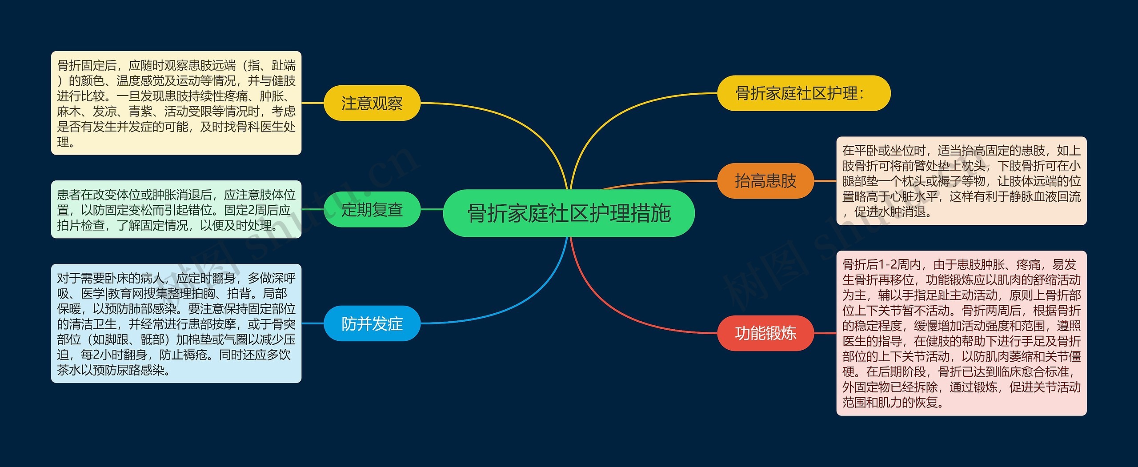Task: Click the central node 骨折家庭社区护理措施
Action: [x=569, y=213]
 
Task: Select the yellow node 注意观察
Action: [x=372, y=103]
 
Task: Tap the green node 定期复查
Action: [x=372, y=209]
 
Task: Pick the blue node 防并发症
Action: [x=372, y=323]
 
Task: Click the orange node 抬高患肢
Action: [x=765, y=181]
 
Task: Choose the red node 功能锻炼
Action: [x=765, y=333]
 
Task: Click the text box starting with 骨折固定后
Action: [x=176, y=103]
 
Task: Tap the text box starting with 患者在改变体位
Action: [x=176, y=209]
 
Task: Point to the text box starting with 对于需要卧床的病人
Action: [x=176, y=323]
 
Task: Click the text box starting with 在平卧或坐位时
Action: [x=961, y=181]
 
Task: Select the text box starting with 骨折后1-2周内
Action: [x=961, y=333]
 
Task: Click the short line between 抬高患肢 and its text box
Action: [x=825, y=181]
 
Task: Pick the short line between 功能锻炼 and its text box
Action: [x=825, y=333]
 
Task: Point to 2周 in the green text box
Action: [x=260, y=210]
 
